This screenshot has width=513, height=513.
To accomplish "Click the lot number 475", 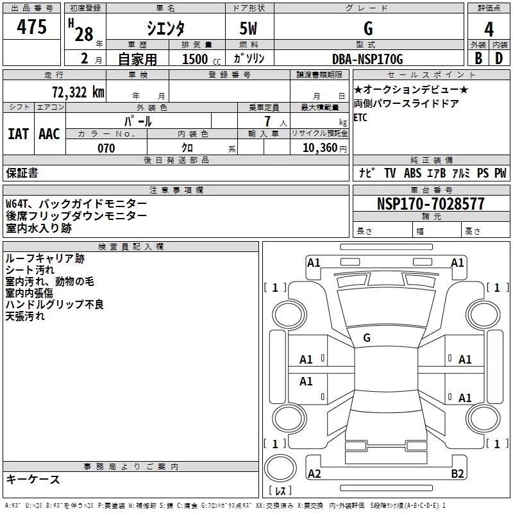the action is tap(31, 26).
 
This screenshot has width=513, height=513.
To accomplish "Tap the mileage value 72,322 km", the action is tap(78, 92).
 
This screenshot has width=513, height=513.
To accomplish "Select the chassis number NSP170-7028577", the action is tap(430, 203).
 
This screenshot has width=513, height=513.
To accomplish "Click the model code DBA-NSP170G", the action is tap(367, 59).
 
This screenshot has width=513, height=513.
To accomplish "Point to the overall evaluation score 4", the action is tap(489, 29).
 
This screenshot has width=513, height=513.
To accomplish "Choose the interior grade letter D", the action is tap(499, 58).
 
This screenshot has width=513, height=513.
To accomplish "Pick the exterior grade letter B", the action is tap(478, 58).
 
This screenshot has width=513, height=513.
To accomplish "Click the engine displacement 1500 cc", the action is tap(201, 59).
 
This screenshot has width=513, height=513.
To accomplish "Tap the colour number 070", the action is tap(106, 148).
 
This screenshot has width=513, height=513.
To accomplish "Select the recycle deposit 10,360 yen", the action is tap(324, 148).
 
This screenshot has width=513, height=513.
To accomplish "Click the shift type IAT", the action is tap(19, 134).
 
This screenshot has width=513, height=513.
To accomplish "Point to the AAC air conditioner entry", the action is tap(49, 134).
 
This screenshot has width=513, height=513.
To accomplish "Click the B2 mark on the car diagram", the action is tap(457, 473).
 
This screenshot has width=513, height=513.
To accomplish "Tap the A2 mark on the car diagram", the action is tap(314, 473).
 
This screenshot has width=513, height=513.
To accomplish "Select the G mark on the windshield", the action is tap(367, 338).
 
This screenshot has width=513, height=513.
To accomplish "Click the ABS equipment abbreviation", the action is tap(412, 172).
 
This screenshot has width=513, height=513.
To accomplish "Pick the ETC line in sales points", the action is tap(360, 117).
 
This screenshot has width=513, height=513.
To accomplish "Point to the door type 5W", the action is tap(248, 28).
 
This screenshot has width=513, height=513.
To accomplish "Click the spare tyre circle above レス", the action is tap(280, 468).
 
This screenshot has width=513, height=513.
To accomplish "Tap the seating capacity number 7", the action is tap(267, 121).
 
